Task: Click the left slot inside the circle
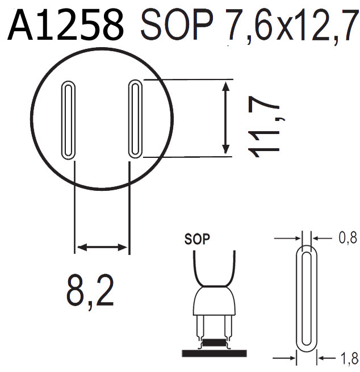point(68,120)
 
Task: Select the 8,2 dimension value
point(90,290)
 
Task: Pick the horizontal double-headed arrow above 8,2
point(102,247)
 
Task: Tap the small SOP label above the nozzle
point(197,239)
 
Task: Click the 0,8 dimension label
point(348,239)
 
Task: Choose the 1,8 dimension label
point(348,358)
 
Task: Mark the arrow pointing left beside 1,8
point(326,358)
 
